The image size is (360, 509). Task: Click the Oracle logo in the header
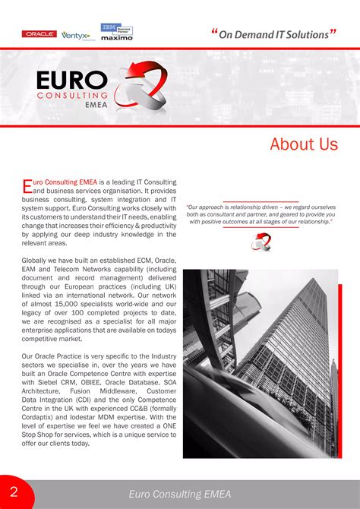[x=39, y=34]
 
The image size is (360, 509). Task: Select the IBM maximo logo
[x=116, y=32]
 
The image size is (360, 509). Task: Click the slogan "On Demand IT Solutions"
[x=273, y=34]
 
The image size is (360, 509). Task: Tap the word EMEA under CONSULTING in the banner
[x=94, y=107]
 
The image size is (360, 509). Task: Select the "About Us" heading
[x=303, y=144]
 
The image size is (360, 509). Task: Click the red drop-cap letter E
[x=27, y=186]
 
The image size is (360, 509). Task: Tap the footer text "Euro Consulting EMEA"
[x=180, y=494]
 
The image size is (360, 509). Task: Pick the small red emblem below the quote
[x=261, y=242]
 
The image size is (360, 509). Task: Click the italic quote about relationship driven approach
[x=261, y=214]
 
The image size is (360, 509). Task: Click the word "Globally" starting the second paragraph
[x=36, y=261]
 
